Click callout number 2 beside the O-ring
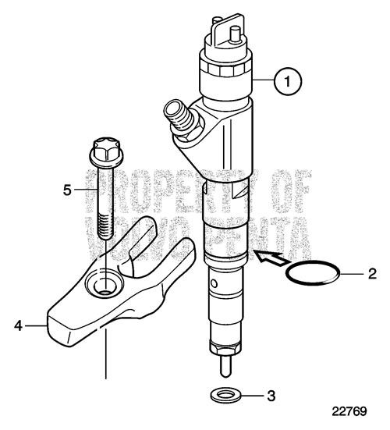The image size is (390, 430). [x=371, y=274]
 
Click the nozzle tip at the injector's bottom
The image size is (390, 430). [x=225, y=364]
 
